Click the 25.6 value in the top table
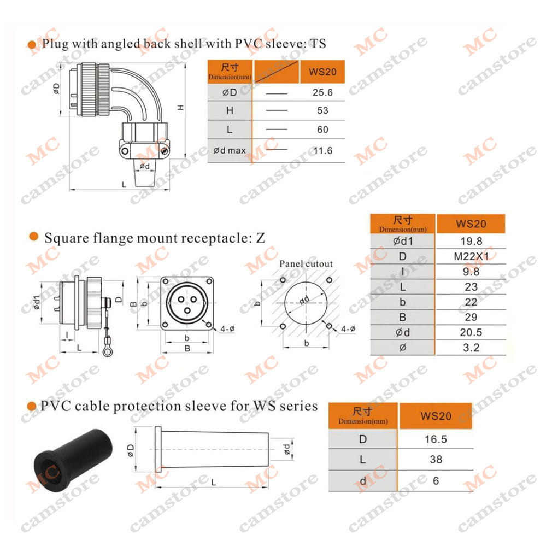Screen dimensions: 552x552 [322, 92]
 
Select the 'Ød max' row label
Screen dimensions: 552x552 [230, 151]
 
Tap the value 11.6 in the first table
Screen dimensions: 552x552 [323, 151]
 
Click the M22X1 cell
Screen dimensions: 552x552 [471, 256]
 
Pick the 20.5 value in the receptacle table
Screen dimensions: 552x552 [471, 332]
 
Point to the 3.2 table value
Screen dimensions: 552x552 [471, 348]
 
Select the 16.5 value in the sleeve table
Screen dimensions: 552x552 [436, 439]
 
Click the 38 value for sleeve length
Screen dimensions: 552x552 [436, 460]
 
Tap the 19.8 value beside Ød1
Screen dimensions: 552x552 [471, 241]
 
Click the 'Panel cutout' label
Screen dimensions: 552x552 [306, 263]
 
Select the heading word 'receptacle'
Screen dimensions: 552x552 [214, 238]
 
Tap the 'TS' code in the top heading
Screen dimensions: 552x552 [318, 44]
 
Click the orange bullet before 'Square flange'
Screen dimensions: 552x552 [34, 237]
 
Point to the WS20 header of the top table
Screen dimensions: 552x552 [322, 72]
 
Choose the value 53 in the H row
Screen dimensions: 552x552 [322, 110]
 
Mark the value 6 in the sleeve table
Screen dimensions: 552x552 [436, 481]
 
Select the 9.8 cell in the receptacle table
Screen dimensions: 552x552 [471, 272]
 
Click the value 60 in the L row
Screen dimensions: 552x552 [322, 130]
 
